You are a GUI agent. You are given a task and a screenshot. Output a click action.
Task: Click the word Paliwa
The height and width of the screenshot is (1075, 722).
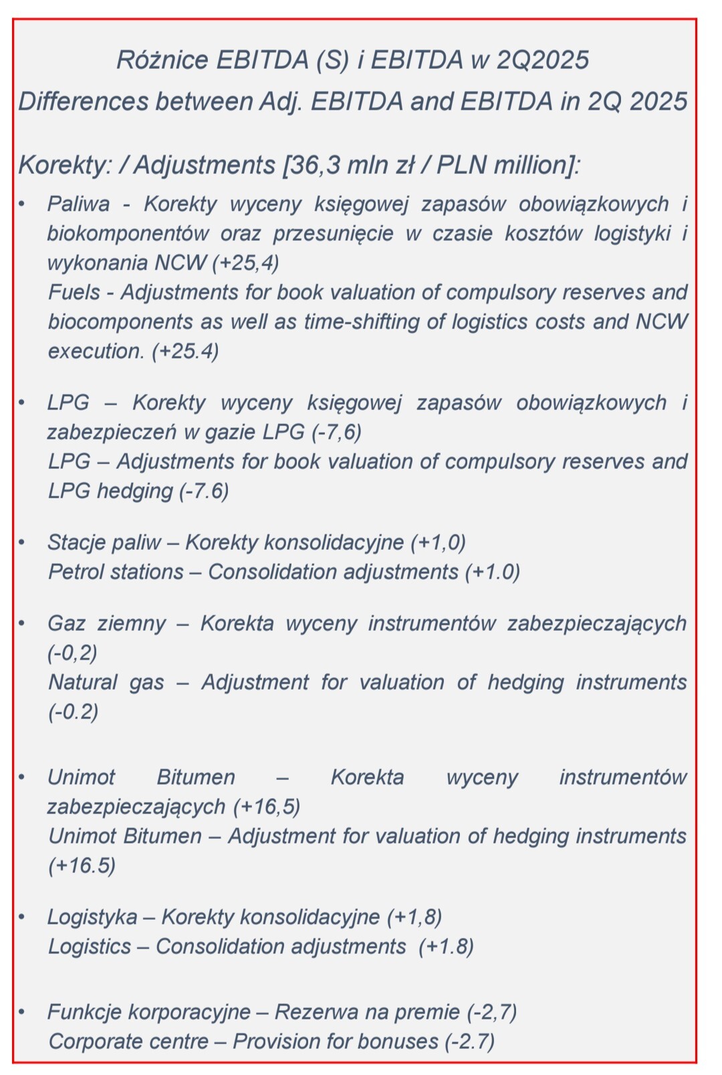point(78,204)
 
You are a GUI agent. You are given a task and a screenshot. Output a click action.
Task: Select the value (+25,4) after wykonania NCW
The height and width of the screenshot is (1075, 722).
point(245,263)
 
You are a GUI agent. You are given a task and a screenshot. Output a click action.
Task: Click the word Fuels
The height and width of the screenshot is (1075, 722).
point(74,292)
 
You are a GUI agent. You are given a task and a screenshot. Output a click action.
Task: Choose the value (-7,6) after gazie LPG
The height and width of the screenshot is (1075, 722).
point(337,432)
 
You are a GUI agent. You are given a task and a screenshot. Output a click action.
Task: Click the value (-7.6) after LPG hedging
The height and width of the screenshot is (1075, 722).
point(204,491)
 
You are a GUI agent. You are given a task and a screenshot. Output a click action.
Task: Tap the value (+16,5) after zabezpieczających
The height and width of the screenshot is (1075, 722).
point(267,807)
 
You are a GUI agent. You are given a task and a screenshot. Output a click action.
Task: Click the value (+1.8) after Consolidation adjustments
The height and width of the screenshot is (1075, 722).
point(446,947)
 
